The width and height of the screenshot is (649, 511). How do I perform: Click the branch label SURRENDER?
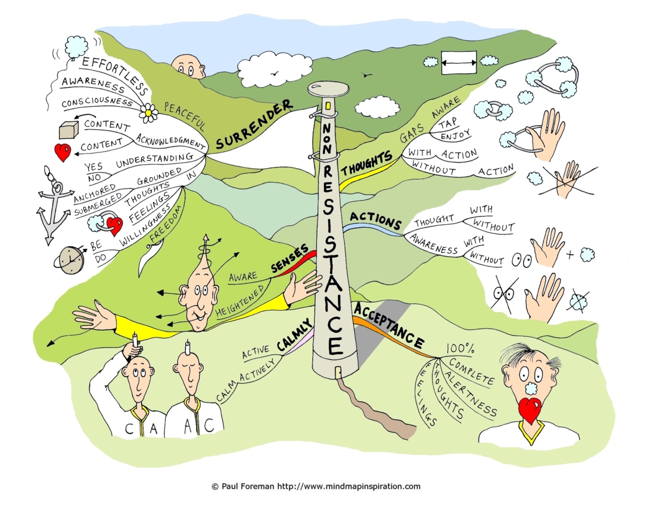click(254, 125)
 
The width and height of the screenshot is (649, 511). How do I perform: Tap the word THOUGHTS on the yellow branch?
click(366, 163)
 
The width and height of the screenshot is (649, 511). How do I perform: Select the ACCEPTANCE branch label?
click(389, 326)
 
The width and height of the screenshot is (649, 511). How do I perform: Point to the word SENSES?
click(290, 258)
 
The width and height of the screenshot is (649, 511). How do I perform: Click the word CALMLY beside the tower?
click(294, 336)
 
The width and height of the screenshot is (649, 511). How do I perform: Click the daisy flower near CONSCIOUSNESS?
click(148, 112)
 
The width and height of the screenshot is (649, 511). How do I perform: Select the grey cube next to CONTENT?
click(68, 130)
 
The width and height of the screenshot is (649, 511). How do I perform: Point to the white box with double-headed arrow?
click(458, 63)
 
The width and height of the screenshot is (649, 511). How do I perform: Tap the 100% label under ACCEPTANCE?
click(460, 349)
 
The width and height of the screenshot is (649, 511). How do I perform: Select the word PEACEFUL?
click(185, 116)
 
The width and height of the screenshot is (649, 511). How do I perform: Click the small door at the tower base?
click(338, 372)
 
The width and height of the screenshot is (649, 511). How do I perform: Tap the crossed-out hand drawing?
click(570, 178)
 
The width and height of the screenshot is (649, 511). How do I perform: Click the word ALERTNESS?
click(470, 392)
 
